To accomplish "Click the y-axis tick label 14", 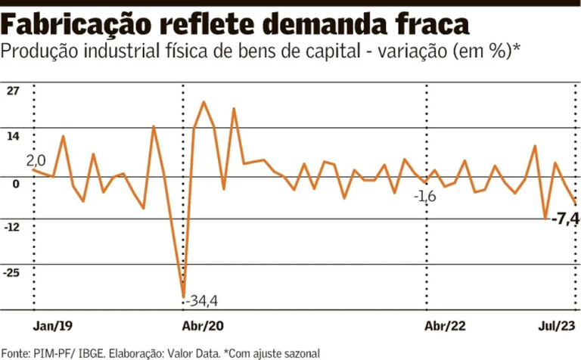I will coord(12,136).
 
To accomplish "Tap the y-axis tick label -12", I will coord(12,227).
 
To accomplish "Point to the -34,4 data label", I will coord(202,301).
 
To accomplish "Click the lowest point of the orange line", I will coord(183,296).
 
